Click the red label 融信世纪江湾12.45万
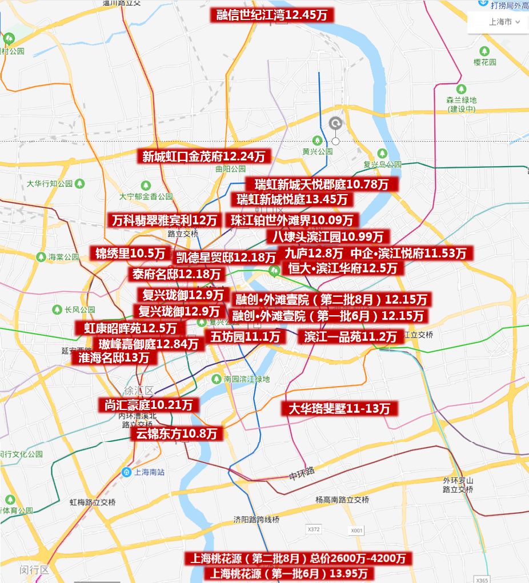pyautogui.click(x=272, y=15)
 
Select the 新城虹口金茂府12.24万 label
pyautogui.click(x=203, y=156)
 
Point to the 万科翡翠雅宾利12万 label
pyautogui.click(x=165, y=220)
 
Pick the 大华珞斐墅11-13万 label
pyautogui.click(x=339, y=408)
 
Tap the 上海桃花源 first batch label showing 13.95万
pyautogui.click(x=291, y=573)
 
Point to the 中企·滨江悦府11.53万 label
pyautogui.click(x=408, y=253)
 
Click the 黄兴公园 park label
pyautogui.click(x=318, y=152)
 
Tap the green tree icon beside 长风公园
pyautogui.click(x=57, y=309)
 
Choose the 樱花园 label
pyautogui.click(x=485, y=62)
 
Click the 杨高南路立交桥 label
pyautogui.click(x=342, y=500)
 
